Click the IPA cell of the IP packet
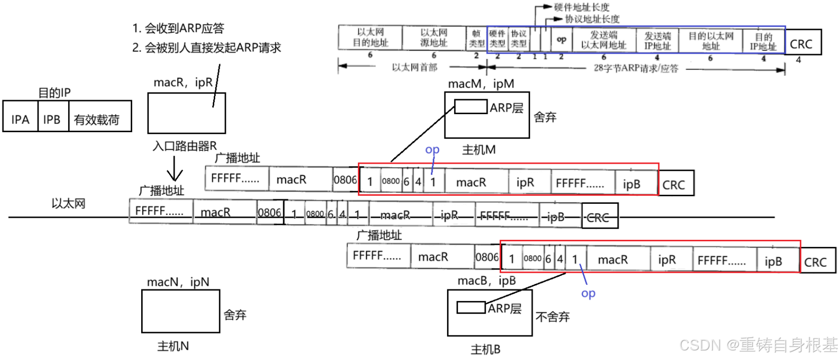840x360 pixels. tap(20, 119)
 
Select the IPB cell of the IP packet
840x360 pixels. tap(52, 119)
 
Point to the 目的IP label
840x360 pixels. tap(55, 93)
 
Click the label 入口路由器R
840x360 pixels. tap(185, 146)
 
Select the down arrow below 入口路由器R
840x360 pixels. tap(174, 169)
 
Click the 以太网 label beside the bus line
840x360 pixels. tap(69, 203)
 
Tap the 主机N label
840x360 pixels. tap(173, 346)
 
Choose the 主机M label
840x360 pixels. tap(479, 150)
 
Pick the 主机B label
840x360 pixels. tap(486, 349)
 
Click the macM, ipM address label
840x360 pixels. tap(481, 84)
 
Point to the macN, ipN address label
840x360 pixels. tap(178, 282)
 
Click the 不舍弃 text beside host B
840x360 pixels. tap(553, 316)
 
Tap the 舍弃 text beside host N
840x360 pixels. tap(235, 314)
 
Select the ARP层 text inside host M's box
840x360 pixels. tap(507, 108)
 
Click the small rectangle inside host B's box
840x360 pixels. tap(471, 307)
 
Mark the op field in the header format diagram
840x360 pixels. tap(562, 39)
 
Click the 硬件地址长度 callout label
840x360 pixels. tap(581, 7)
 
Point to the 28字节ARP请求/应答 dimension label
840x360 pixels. tap(636, 68)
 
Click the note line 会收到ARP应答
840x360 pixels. tap(178, 28)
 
